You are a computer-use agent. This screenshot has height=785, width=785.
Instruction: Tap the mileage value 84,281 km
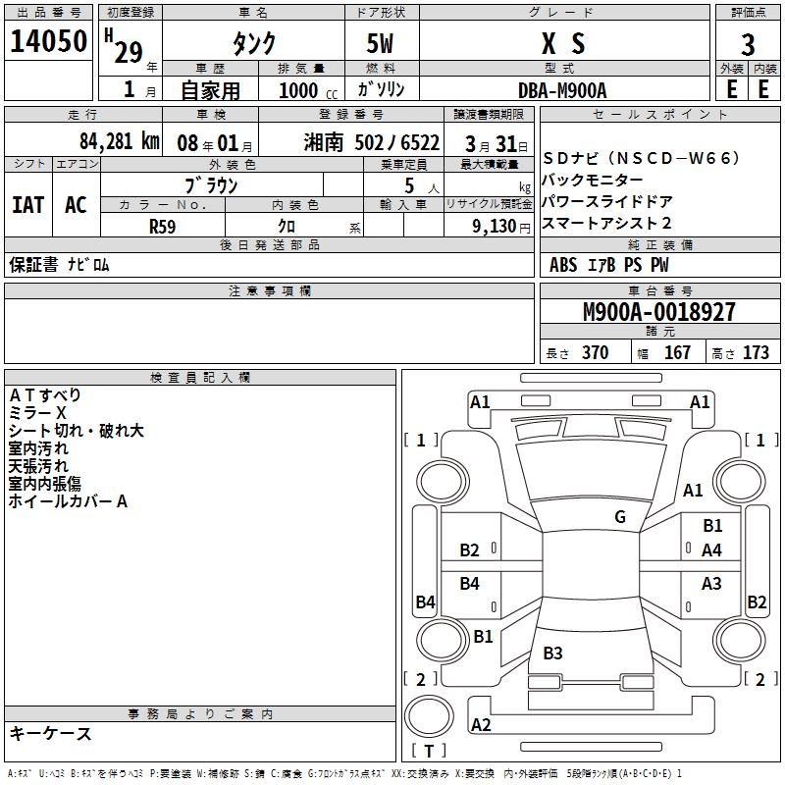click(119, 140)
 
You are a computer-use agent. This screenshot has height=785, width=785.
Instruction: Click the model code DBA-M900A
click(562, 89)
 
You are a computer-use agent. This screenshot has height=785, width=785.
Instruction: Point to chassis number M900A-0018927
click(658, 312)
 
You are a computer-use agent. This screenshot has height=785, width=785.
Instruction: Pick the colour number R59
click(163, 226)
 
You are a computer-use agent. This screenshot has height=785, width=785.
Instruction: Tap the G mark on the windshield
click(620, 517)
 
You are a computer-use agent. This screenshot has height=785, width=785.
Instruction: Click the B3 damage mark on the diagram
click(552, 654)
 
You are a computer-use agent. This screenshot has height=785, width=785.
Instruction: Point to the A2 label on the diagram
click(481, 725)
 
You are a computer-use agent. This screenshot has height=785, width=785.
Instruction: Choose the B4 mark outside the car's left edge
click(425, 602)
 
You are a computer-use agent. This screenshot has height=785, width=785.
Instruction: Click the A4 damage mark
click(712, 550)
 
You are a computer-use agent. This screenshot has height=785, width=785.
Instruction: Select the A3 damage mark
click(712, 584)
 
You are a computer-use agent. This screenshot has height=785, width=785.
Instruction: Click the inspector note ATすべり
click(45, 395)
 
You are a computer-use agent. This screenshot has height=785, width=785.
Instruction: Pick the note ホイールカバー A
click(68, 501)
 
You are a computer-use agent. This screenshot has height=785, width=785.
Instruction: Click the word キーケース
click(51, 733)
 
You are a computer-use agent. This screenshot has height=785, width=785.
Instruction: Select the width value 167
click(677, 353)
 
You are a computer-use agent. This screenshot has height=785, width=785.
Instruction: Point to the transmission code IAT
click(27, 204)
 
